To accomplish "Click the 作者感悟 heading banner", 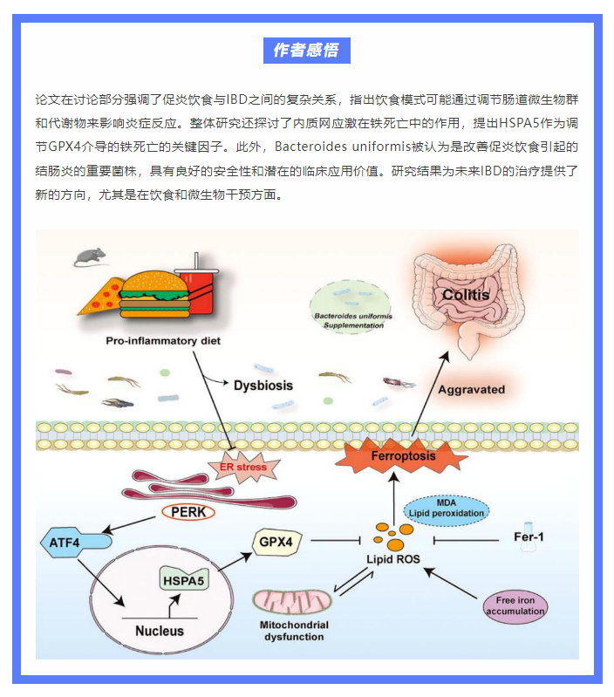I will (x=306, y=51).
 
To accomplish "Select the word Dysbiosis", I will (x=263, y=384).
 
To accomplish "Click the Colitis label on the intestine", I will (x=465, y=295).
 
